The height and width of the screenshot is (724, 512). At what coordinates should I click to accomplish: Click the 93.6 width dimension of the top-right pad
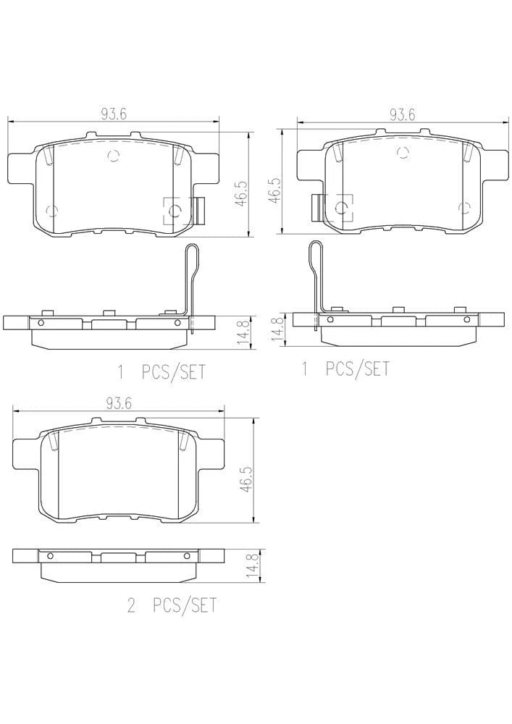coord(402,114)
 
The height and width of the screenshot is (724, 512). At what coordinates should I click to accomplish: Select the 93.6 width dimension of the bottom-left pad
coord(119,403)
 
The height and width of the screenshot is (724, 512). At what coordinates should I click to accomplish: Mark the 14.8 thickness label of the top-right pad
coord(277,329)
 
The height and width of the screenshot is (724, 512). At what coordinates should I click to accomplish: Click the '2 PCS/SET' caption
coord(172,605)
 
